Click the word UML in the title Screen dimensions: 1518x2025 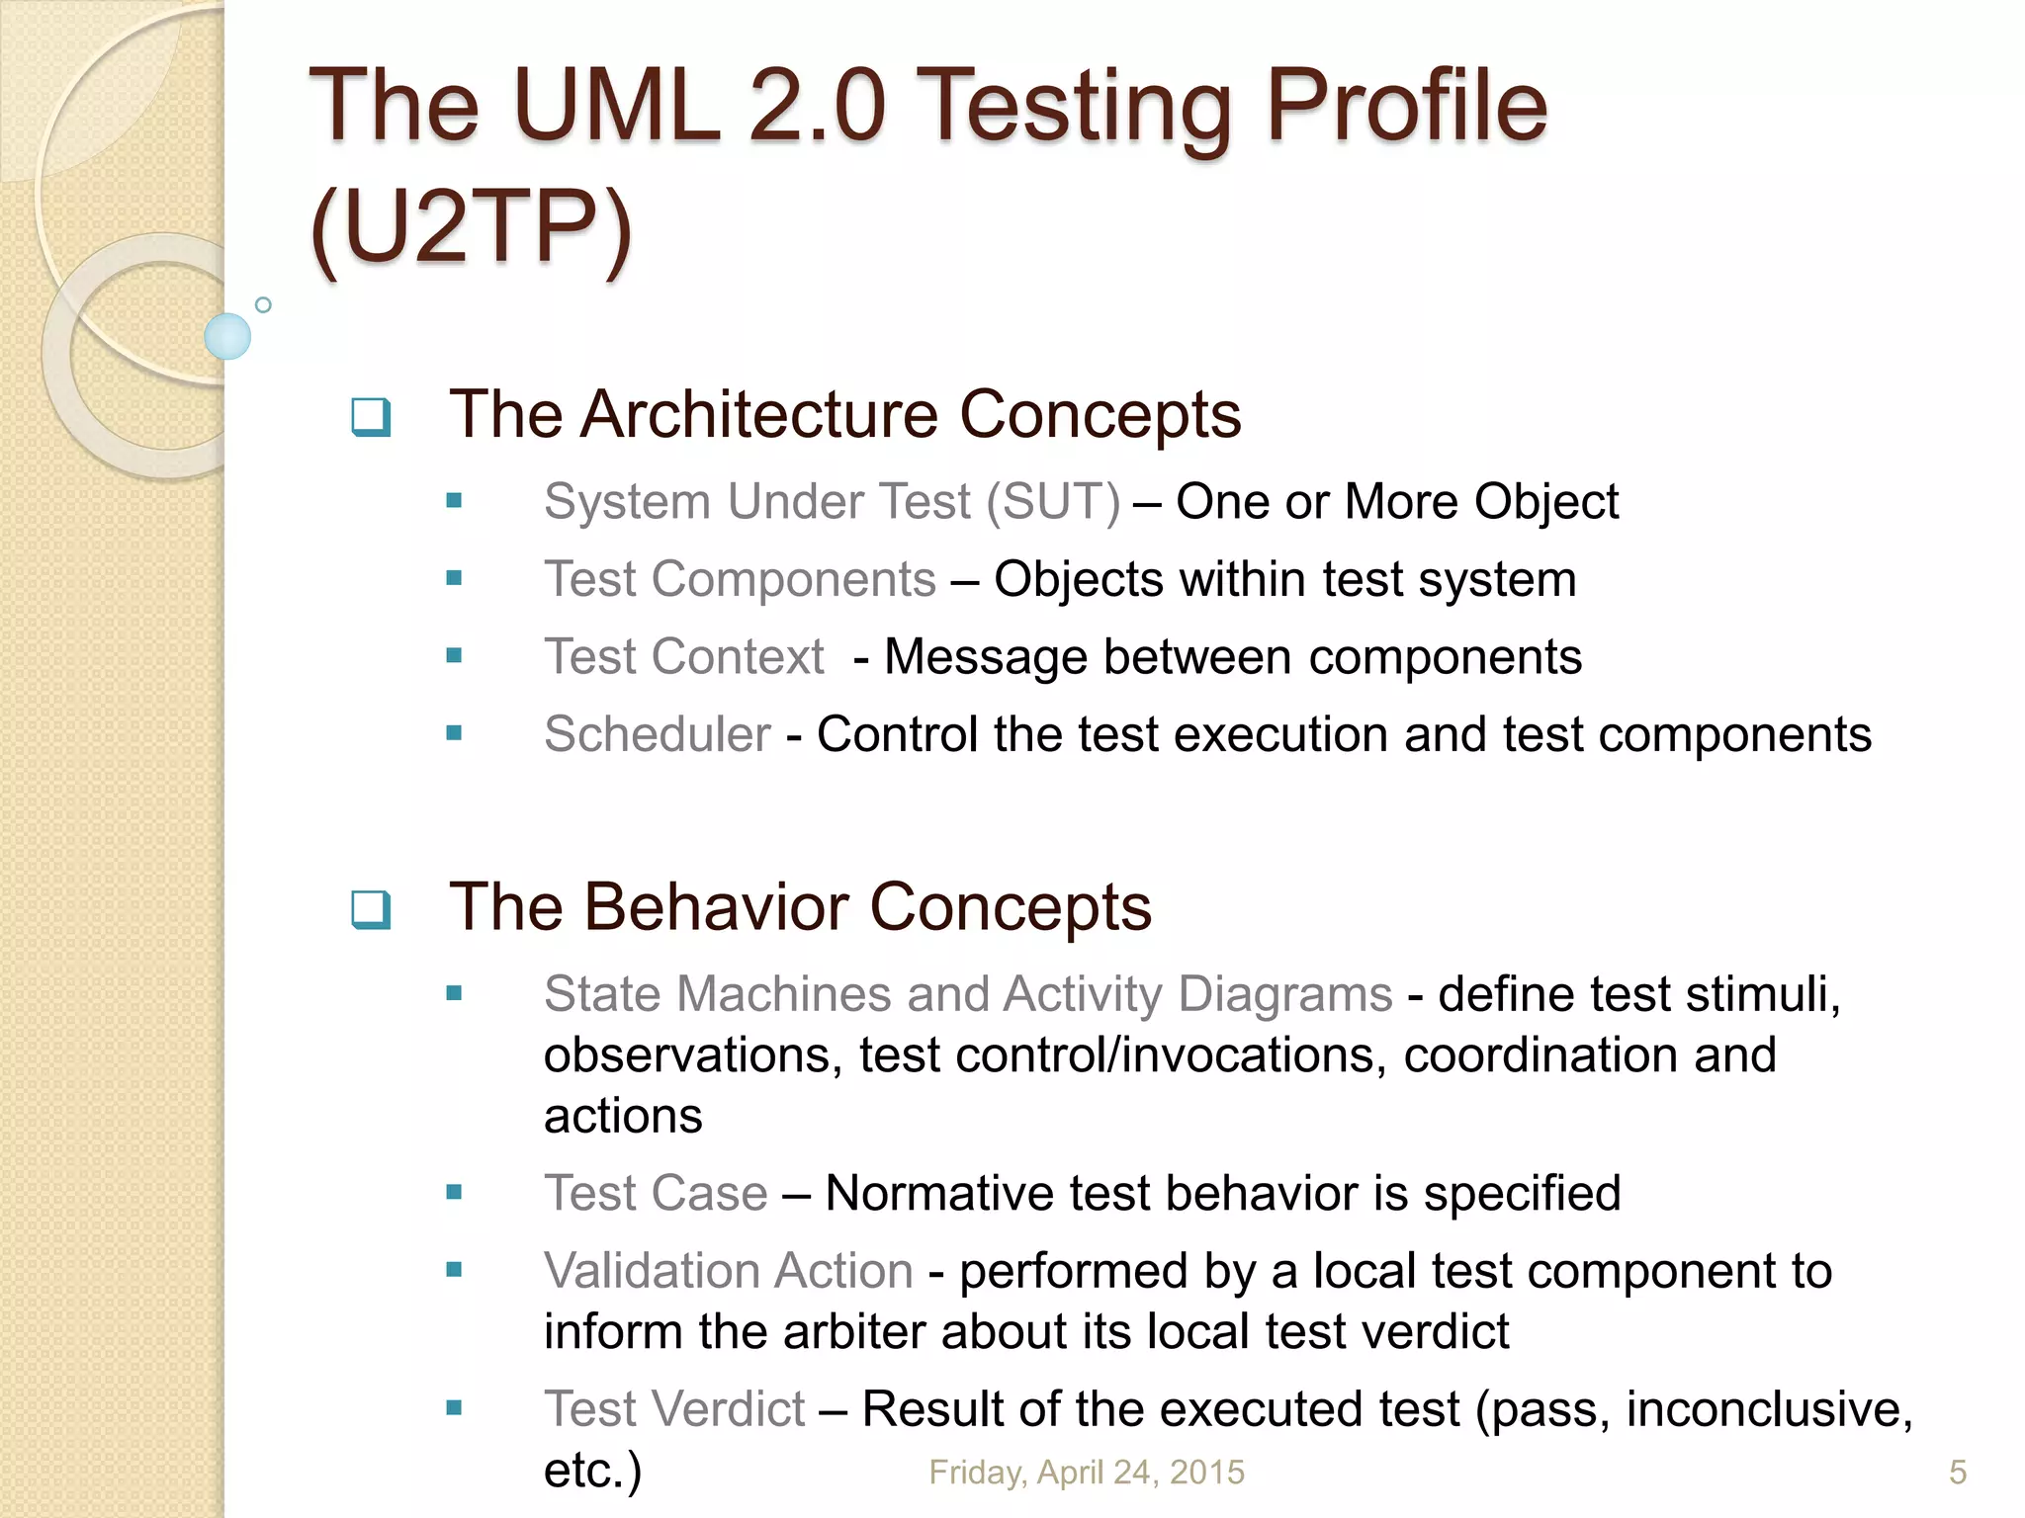click(x=616, y=107)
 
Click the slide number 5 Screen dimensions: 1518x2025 click(x=1957, y=1473)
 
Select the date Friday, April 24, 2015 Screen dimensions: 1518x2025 click(x=1086, y=1473)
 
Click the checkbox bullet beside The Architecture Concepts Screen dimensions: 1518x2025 click(x=371, y=416)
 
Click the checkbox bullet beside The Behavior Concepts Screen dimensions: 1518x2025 click(x=371, y=909)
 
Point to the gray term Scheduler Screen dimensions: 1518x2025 click(x=657, y=734)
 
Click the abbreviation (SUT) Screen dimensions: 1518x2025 click(x=1053, y=502)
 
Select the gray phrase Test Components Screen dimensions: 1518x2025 click(x=740, y=579)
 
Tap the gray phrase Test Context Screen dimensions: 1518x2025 click(x=684, y=657)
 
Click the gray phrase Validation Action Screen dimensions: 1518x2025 click(x=728, y=1271)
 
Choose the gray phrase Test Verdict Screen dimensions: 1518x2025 click(x=674, y=1409)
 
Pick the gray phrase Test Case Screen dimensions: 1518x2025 click(x=656, y=1194)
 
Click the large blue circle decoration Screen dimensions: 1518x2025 click(x=227, y=336)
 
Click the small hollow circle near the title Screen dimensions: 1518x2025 click(x=263, y=304)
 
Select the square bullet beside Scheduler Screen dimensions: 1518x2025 click(x=454, y=733)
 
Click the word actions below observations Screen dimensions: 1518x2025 click(x=623, y=1117)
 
